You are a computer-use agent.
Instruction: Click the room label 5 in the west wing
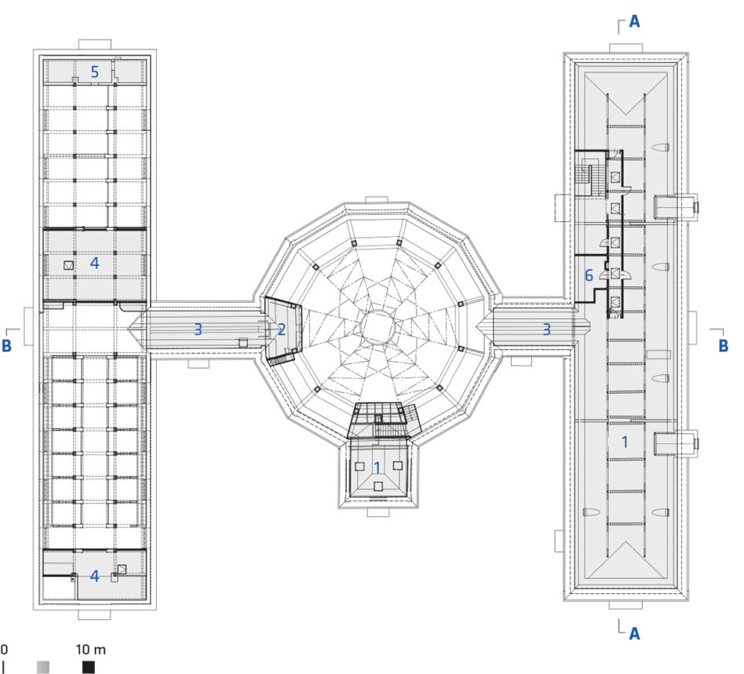94,72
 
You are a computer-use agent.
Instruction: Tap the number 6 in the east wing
589,275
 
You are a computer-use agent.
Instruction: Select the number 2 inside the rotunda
282,330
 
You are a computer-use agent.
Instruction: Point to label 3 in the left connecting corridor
198,330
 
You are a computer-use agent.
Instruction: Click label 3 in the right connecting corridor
546,330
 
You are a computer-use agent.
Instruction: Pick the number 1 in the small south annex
377,468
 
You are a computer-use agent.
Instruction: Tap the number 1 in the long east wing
625,442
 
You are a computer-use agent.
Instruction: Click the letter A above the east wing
634,21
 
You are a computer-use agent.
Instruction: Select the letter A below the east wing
634,633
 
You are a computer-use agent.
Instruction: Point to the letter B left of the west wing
6,345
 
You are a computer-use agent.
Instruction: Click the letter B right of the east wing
723,345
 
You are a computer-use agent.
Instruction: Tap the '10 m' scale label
90,650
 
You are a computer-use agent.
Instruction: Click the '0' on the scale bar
4,650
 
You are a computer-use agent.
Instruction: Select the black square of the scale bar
88,667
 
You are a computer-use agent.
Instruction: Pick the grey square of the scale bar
42,667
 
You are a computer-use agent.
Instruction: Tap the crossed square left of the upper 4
69,265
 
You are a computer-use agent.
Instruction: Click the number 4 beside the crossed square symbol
94,263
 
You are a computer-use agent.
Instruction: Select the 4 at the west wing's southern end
94,576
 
